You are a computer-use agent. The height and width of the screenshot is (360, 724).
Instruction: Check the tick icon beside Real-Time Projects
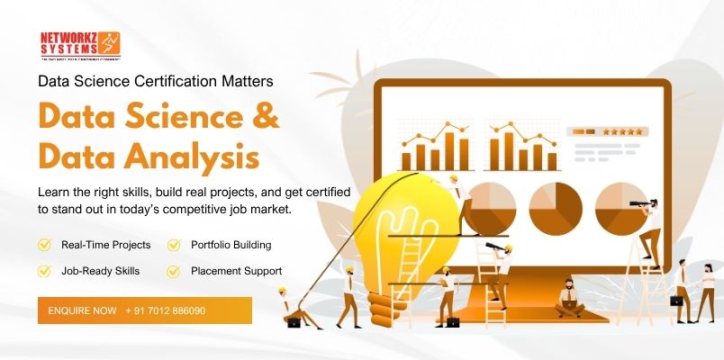(x=43, y=244)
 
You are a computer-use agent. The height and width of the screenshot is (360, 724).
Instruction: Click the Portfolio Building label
(x=231, y=244)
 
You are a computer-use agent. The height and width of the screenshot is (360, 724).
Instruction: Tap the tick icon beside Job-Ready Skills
(x=43, y=270)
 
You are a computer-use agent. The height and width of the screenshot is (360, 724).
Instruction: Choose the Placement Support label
(x=236, y=270)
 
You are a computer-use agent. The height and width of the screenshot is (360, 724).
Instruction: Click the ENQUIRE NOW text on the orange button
(x=82, y=310)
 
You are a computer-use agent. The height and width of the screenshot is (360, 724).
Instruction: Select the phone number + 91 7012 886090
(x=166, y=310)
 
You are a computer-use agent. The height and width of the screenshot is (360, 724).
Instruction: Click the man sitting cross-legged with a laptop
(x=569, y=298)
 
